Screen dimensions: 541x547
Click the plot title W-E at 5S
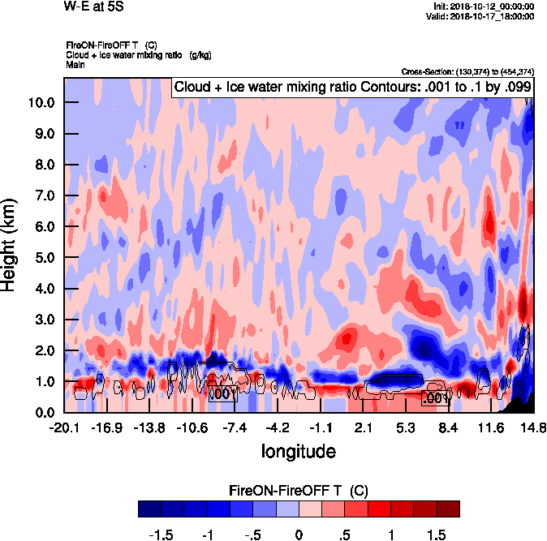[x=93, y=6]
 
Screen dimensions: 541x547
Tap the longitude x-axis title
[x=298, y=449]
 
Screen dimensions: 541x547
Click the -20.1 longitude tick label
[x=63, y=427]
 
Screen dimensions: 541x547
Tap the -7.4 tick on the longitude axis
[x=235, y=427]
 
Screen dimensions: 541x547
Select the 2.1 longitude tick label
[x=364, y=427]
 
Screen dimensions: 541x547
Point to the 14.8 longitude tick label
[x=533, y=427]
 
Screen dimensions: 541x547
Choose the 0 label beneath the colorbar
[x=298, y=535]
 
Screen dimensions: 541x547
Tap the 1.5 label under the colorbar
[x=437, y=535]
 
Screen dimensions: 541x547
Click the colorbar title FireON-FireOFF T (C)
[x=299, y=491]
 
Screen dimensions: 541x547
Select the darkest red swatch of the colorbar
[x=448, y=509]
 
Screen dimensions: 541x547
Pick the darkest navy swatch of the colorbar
[x=149, y=509]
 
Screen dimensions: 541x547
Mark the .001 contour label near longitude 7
[x=436, y=398]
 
